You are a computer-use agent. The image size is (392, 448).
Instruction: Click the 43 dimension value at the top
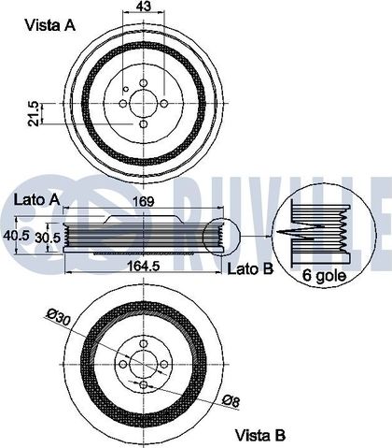coord(144,6)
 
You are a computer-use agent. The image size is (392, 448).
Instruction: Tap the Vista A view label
coord(50,25)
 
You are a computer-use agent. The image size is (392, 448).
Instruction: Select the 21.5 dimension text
coord(34,114)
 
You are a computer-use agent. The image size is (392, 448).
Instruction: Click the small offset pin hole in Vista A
coord(126,90)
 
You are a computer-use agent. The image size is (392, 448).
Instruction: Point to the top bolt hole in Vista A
coord(143,83)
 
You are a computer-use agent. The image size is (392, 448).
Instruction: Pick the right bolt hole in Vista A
coord(164,103)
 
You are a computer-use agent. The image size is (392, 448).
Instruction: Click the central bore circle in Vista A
coord(143,103)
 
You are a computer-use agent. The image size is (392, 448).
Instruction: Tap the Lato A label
coord(36,200)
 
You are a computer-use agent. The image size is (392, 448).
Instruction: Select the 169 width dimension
coord(144,201)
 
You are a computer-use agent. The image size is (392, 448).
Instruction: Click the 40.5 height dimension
coord(16,236)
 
